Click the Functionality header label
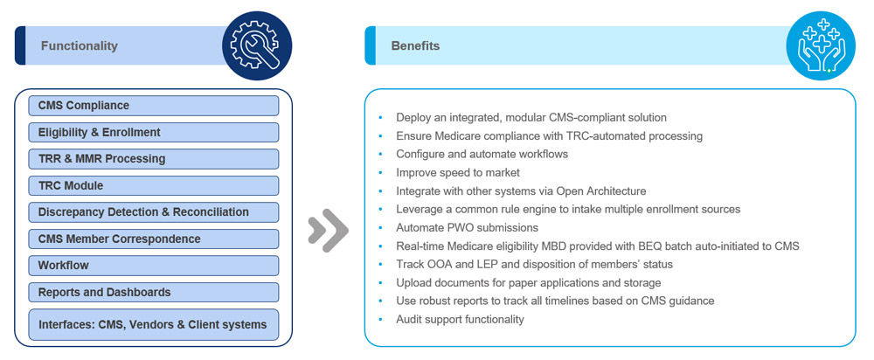point(79,46)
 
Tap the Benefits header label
point(415,46)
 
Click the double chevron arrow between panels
point(328,231)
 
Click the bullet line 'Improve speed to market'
point(457,173)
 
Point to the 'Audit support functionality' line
point(460,320)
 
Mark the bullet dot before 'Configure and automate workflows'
point(381,155)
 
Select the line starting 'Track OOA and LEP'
point(534,265)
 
